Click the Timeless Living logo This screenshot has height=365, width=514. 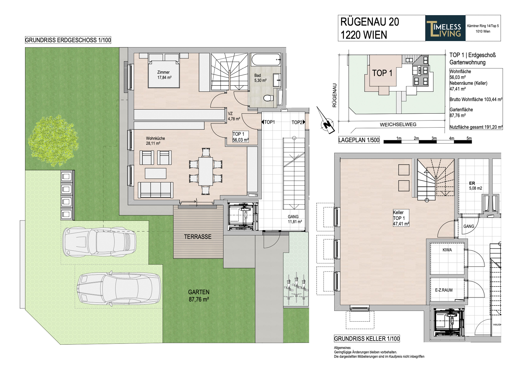(445, 28)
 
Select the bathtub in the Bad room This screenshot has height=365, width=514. (266, 60)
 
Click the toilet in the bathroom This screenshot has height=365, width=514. (269, 98)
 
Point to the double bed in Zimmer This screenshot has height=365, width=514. (164, 71)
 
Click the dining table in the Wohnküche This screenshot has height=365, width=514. (206, 171)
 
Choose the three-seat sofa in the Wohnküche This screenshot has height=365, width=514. (155, 190)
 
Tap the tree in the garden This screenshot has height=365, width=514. (53, 140)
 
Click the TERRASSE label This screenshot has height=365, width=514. (198, 237)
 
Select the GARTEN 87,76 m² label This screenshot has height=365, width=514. (199, 296)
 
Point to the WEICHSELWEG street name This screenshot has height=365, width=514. (398, 124)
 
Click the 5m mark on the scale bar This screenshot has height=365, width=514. (469, 138)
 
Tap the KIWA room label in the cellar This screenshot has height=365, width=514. (447, 250)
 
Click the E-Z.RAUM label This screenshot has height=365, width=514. (444, 290)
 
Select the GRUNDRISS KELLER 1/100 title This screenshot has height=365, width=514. (367, 339)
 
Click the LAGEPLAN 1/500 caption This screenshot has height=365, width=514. (359, 140)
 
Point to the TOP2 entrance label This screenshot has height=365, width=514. (297, 122)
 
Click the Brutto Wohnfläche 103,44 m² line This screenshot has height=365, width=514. (476, 99)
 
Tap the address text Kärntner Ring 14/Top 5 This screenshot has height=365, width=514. (483, 26)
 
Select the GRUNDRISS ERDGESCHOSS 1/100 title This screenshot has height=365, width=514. (68, 40)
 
